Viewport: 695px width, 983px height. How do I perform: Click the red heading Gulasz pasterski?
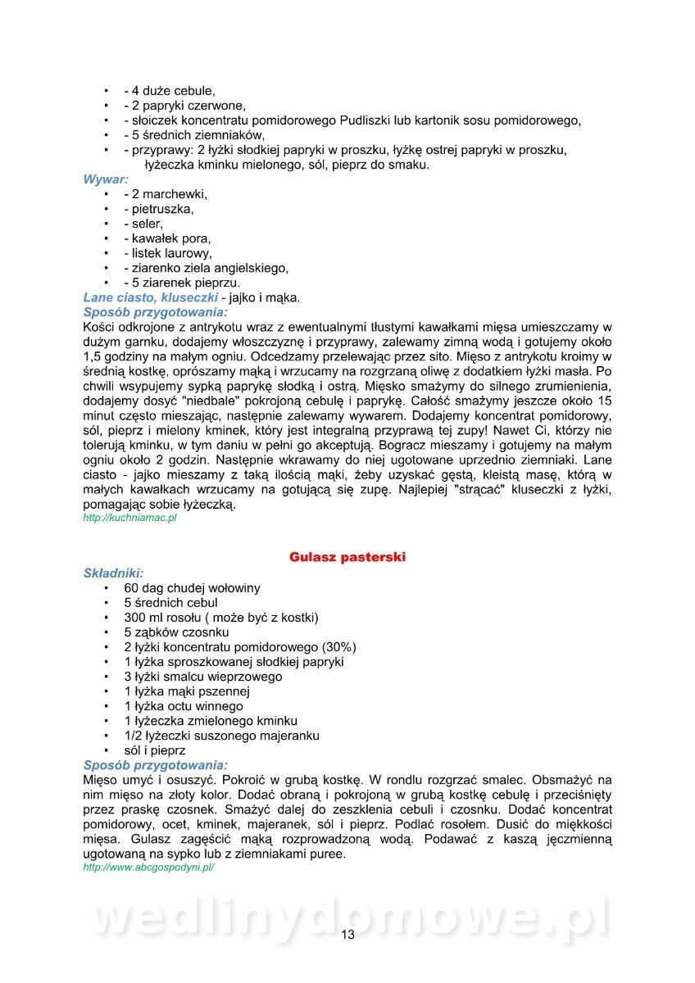pos(347,557)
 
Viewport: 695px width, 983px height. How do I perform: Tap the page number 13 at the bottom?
pos(347,935)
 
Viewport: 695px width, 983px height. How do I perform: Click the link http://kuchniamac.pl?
pos(130,519)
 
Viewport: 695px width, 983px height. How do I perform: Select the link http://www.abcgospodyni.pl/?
pos(148,867)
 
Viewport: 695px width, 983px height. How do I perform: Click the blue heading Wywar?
pos(105,179)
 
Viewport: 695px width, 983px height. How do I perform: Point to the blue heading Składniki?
pos(113,573)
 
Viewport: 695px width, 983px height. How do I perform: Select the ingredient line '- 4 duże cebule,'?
pos(170,91)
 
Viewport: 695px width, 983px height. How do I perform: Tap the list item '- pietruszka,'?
pos(159,209)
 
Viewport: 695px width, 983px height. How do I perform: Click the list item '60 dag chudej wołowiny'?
pos(192,588)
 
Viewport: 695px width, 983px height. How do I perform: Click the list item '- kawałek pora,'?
pos(167,238)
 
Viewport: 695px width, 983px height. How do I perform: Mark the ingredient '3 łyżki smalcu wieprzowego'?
pos(203,677)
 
